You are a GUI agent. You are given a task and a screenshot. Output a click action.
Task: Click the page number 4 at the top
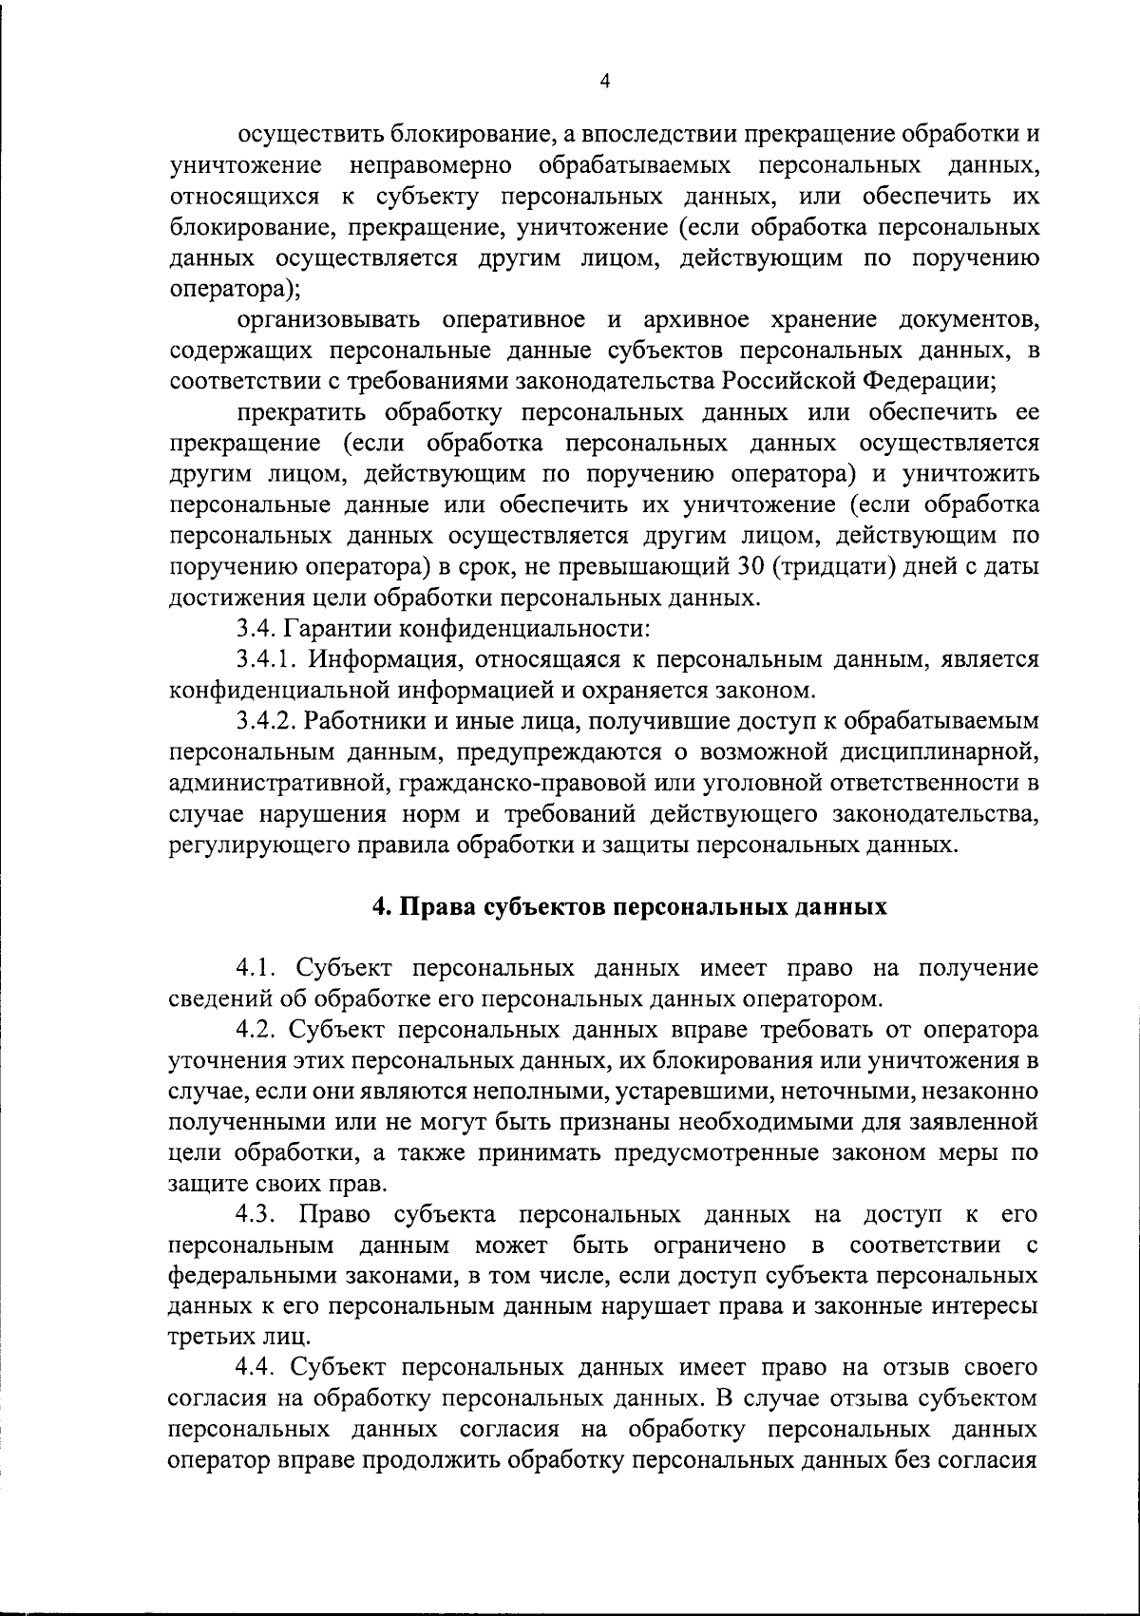[x=605, y=82]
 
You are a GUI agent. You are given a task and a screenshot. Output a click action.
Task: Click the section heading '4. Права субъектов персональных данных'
[x=630, y=906]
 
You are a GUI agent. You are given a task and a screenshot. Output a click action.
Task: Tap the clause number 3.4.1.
[x=267, y=658]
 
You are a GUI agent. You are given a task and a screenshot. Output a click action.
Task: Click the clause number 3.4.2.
[x=269, y=721]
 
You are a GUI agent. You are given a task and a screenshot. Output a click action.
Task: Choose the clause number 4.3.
[x=258, y=1215]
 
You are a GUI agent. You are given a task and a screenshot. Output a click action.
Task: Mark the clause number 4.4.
[x=259, y=1340]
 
